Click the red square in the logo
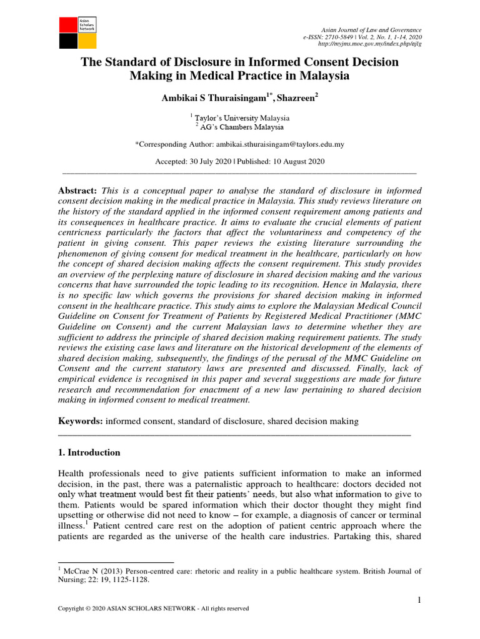tap(67, 24)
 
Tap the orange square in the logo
tap(86, 41)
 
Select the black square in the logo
tap(67, 41)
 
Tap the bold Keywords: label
tap(80, 421)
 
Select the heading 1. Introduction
tap(89, 452)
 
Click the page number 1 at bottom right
tap(419, 600)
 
